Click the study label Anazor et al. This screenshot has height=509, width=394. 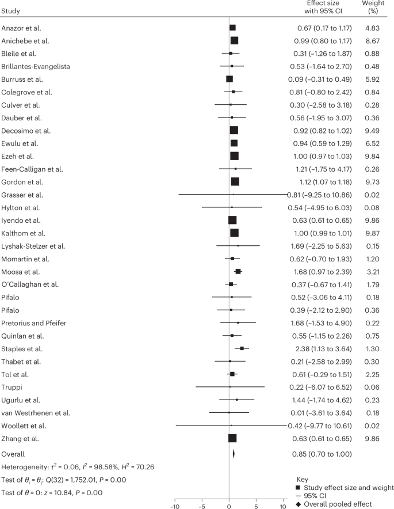tap(22, 28)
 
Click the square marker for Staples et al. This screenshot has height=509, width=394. tap(242, 348)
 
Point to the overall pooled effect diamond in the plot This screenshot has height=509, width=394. tap(234, 453)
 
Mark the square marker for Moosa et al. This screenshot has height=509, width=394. tap(238, 271)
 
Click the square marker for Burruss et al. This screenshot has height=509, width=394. tap(229, 79)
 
